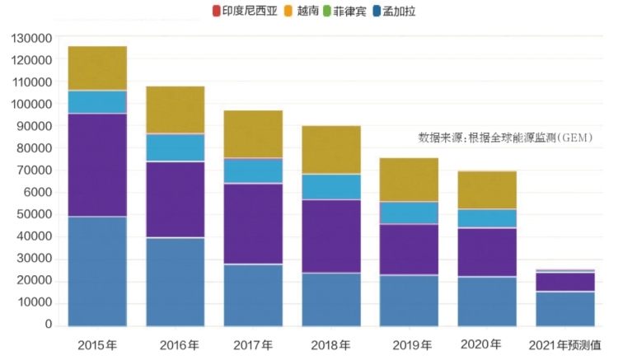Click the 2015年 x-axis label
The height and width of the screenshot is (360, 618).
point(96,344)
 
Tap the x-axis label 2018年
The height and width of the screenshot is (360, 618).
point(330,344)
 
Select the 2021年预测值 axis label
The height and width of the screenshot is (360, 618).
point(564,344)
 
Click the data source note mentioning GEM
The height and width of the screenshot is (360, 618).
point(505,137)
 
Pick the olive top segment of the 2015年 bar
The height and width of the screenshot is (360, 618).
point(97,68)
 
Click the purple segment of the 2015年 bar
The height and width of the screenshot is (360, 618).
point(97,165)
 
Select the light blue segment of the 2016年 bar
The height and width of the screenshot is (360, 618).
point(176,147)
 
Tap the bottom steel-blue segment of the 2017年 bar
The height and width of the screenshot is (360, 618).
point(253,295)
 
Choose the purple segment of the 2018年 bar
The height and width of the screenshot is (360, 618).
point(330,236)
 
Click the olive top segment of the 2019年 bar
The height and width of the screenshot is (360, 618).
point(409,180)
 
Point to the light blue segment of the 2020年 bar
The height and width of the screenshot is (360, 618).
point(486,218)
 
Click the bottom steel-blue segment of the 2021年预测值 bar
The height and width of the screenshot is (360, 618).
point(564,309)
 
